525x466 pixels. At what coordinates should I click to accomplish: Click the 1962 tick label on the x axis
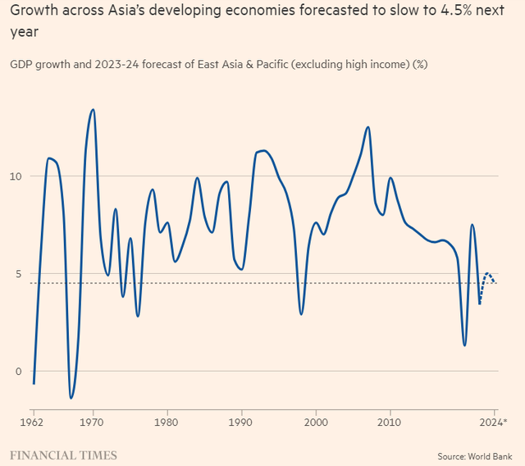(x=34, y=423)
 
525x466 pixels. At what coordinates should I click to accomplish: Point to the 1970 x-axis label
(x=93, y=423)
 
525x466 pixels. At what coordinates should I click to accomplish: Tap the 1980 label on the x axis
(x=167, y=423)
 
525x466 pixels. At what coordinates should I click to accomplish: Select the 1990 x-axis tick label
(x=241, y=423)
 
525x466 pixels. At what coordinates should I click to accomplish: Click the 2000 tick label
(x=316, y=423)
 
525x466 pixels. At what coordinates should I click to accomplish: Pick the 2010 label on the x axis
(x=390, y=423)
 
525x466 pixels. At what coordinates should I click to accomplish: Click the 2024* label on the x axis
(x=493, y=423)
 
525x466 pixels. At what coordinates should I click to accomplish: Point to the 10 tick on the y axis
(x=19, y=176)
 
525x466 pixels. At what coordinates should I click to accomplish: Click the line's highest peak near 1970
(x=93, y=109)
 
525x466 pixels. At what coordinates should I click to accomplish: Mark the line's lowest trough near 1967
(x=71, y=398)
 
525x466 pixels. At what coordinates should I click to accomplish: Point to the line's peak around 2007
(x=367, y=127)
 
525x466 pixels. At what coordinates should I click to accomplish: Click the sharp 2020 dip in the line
(x=464, y=345)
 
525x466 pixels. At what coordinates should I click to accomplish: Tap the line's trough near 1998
(x=301, y=314)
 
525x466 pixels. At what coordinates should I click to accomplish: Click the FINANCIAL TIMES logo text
(x=63, y=455)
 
